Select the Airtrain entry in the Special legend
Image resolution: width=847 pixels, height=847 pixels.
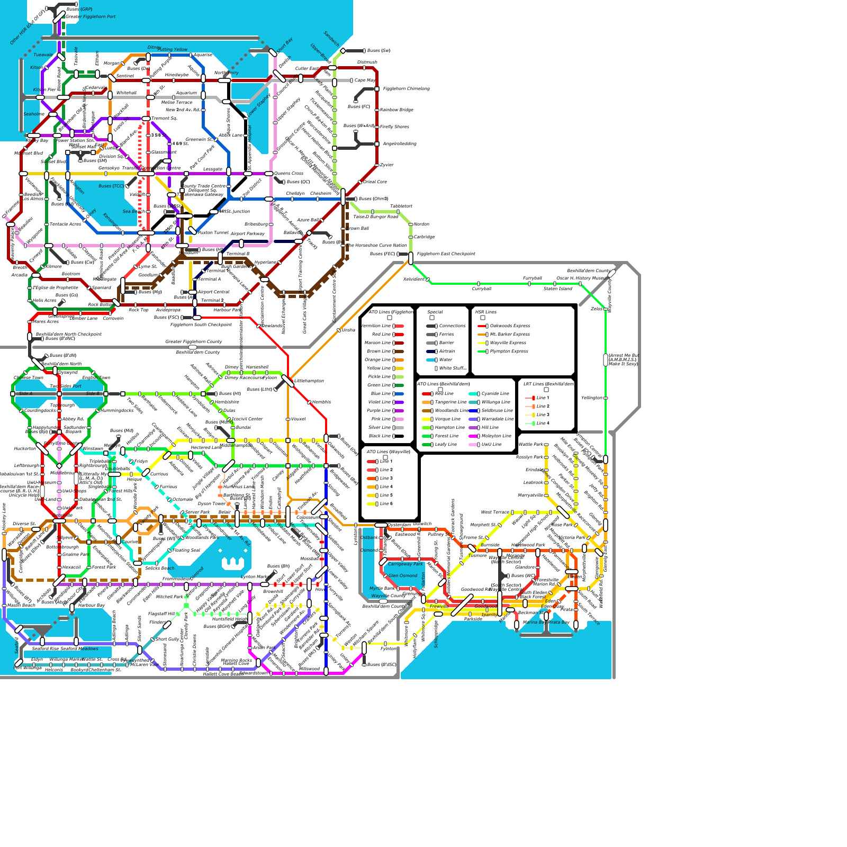446,352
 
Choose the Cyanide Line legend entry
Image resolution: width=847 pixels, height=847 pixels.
495,394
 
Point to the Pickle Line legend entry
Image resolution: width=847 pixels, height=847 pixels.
379,377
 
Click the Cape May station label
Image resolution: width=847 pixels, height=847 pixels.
365,80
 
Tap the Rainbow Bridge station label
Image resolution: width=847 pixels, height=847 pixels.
396,110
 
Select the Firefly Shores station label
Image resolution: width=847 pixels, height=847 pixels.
394,127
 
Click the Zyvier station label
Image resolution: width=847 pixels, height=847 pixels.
387,165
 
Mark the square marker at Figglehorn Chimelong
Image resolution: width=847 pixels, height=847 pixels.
377,89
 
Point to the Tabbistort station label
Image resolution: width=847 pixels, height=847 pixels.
401,206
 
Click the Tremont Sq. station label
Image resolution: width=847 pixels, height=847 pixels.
164,119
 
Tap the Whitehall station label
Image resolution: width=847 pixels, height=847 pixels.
127,93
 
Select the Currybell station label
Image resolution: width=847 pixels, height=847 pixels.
482,289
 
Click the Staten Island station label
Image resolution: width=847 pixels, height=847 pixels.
557,289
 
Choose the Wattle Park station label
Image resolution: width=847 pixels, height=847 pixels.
531,445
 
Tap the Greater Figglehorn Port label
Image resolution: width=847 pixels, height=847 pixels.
91,17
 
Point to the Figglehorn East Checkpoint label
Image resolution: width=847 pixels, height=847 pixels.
446,254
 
